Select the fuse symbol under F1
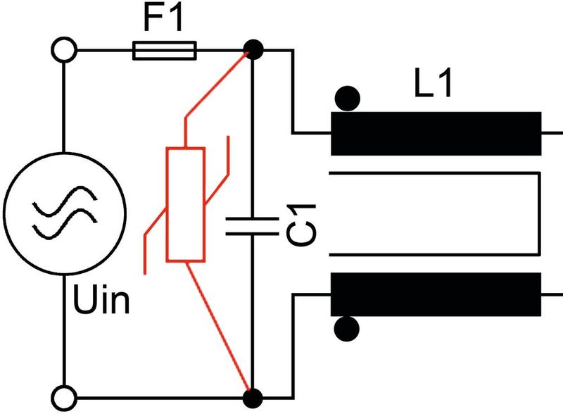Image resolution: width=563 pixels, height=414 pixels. coord(165,50)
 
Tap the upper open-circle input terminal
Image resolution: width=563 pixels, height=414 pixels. coord(64,50)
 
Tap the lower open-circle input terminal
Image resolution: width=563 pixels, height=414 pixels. coord(64,396)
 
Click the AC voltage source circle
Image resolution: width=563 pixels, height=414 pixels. coord(64,211)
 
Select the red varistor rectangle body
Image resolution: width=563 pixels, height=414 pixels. coord(185,204)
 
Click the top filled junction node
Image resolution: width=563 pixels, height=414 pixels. coord(253,50)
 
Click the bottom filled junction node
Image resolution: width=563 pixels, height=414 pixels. coord(253,396)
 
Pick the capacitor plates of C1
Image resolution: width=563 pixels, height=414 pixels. coord(252,225)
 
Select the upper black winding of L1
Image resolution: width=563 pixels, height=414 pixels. coord(436,133)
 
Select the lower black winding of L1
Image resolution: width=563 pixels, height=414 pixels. coord(436,295)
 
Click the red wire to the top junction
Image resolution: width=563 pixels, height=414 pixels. coord(218,82)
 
